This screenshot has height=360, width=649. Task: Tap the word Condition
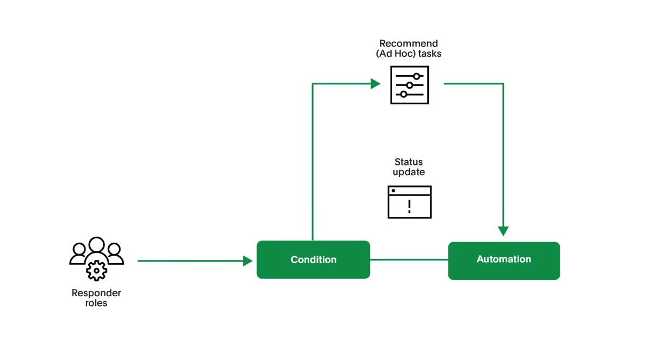[x=314, y=259]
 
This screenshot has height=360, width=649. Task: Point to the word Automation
[x=504, y=259]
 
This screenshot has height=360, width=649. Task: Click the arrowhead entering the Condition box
[x=249, y=262]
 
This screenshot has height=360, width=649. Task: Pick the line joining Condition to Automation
[x=409, y=259]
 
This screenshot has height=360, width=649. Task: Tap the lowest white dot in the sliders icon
[x=403, y=95]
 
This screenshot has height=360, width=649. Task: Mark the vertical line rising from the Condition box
[x=314, y=162]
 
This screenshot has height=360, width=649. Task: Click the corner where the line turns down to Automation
[x=504, y=83]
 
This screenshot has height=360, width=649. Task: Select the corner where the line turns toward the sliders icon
[x=314, y=83]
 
